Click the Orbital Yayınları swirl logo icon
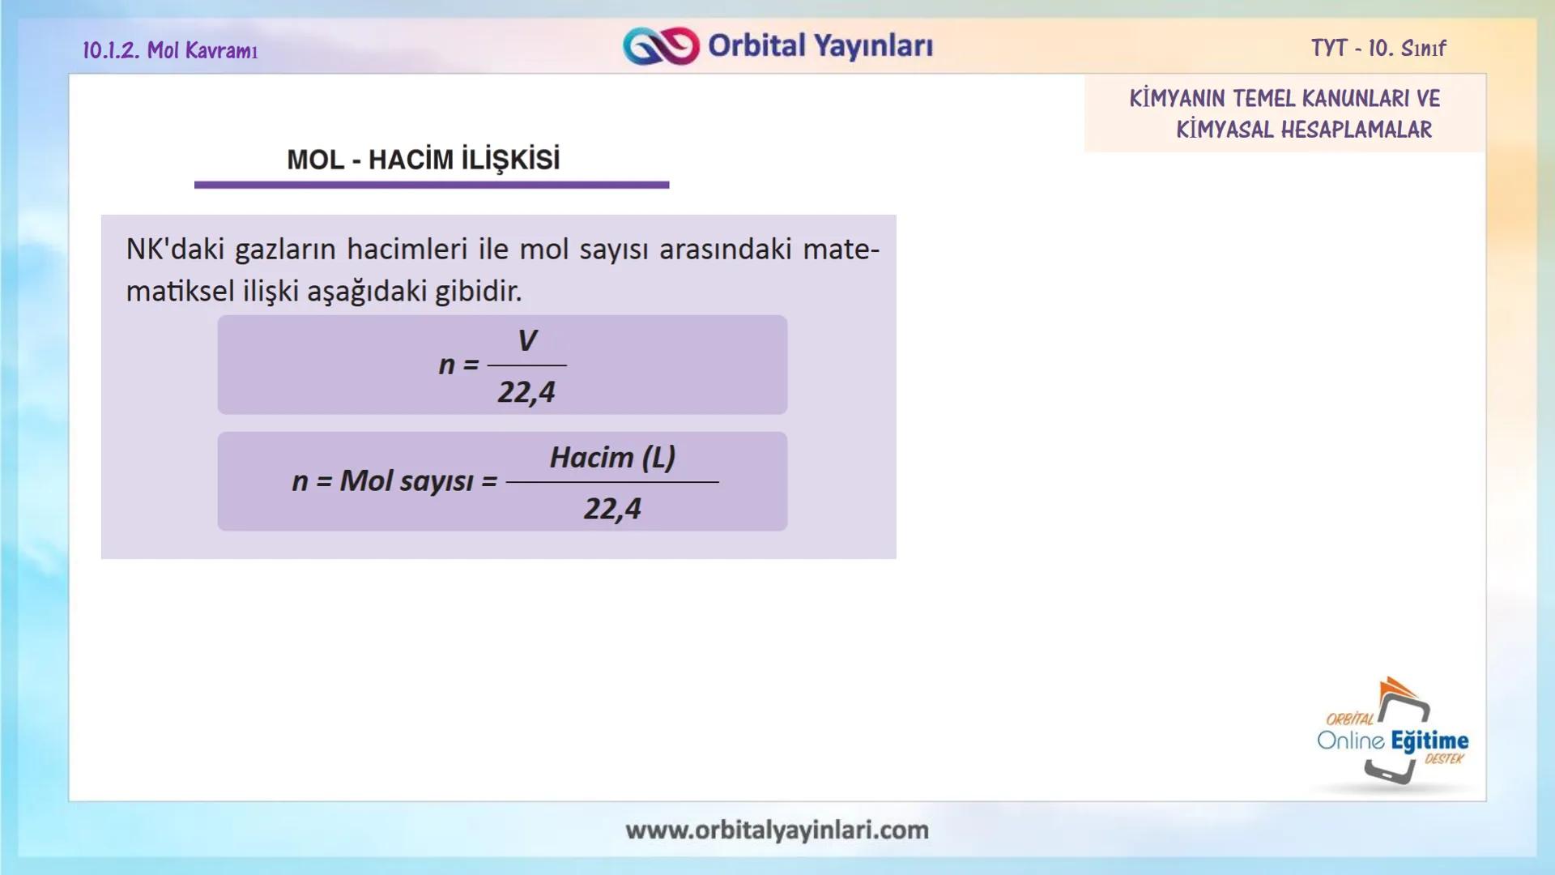[x=661, y=45]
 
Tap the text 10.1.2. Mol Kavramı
[x=170, y=50]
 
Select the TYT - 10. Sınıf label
[x=1378, y=49]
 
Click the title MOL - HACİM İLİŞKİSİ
[x=423, y=160]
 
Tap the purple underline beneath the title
[x=431, y=185]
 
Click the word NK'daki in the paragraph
[x=175, y=249]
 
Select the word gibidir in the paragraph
[x=477, y=291]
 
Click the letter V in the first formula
[x=526, y=340]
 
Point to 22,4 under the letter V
[x=526, y=392]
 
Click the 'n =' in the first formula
[x=458, y=365]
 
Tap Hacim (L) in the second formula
[x=612, y=458]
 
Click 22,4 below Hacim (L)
[x=612, y=509]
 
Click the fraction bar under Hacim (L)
[x=612, y=482]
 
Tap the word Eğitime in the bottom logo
[x=1429, y=741]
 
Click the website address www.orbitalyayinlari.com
[x=777, y=830]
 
